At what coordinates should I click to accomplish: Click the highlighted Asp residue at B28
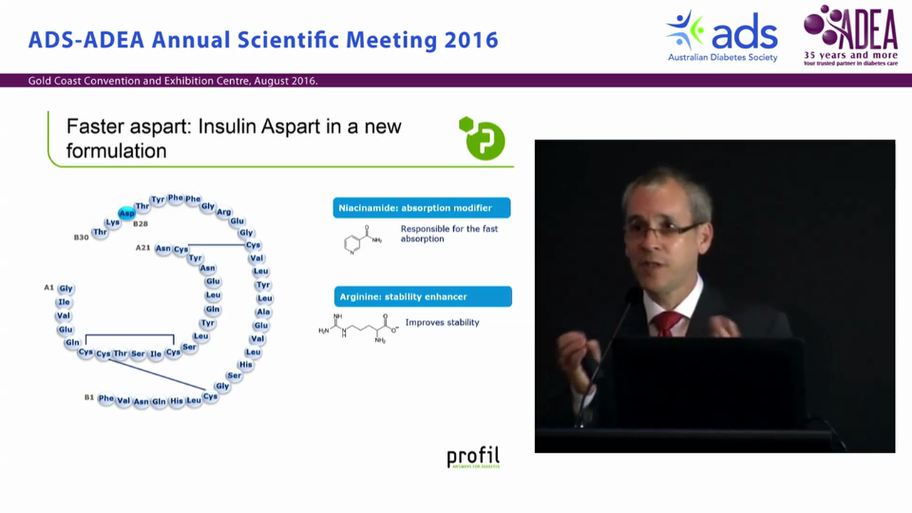[127, 213]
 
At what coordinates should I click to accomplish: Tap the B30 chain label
[81, 237]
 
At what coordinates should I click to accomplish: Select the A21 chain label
[143, 248]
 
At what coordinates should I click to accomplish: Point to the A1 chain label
[49, 287]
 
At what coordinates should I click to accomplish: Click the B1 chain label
[89, 397]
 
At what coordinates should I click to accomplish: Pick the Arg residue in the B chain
[224, 212]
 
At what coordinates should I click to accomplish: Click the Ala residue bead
[263, 311]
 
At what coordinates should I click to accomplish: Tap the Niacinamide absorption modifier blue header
[421, 208]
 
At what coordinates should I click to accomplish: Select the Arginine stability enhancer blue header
[423, 296]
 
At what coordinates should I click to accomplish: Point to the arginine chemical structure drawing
[358, 328]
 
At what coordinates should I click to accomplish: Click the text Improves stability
[442, 322]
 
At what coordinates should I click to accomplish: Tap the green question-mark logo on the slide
[482, 138]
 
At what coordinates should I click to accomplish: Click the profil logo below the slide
[473, 457]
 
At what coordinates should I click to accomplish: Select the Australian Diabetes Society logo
[722, 36]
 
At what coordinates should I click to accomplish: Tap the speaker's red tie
[666, 323]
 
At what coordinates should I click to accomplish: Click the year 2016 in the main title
[471, 40]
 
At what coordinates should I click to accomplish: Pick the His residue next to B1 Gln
[177, 401]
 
